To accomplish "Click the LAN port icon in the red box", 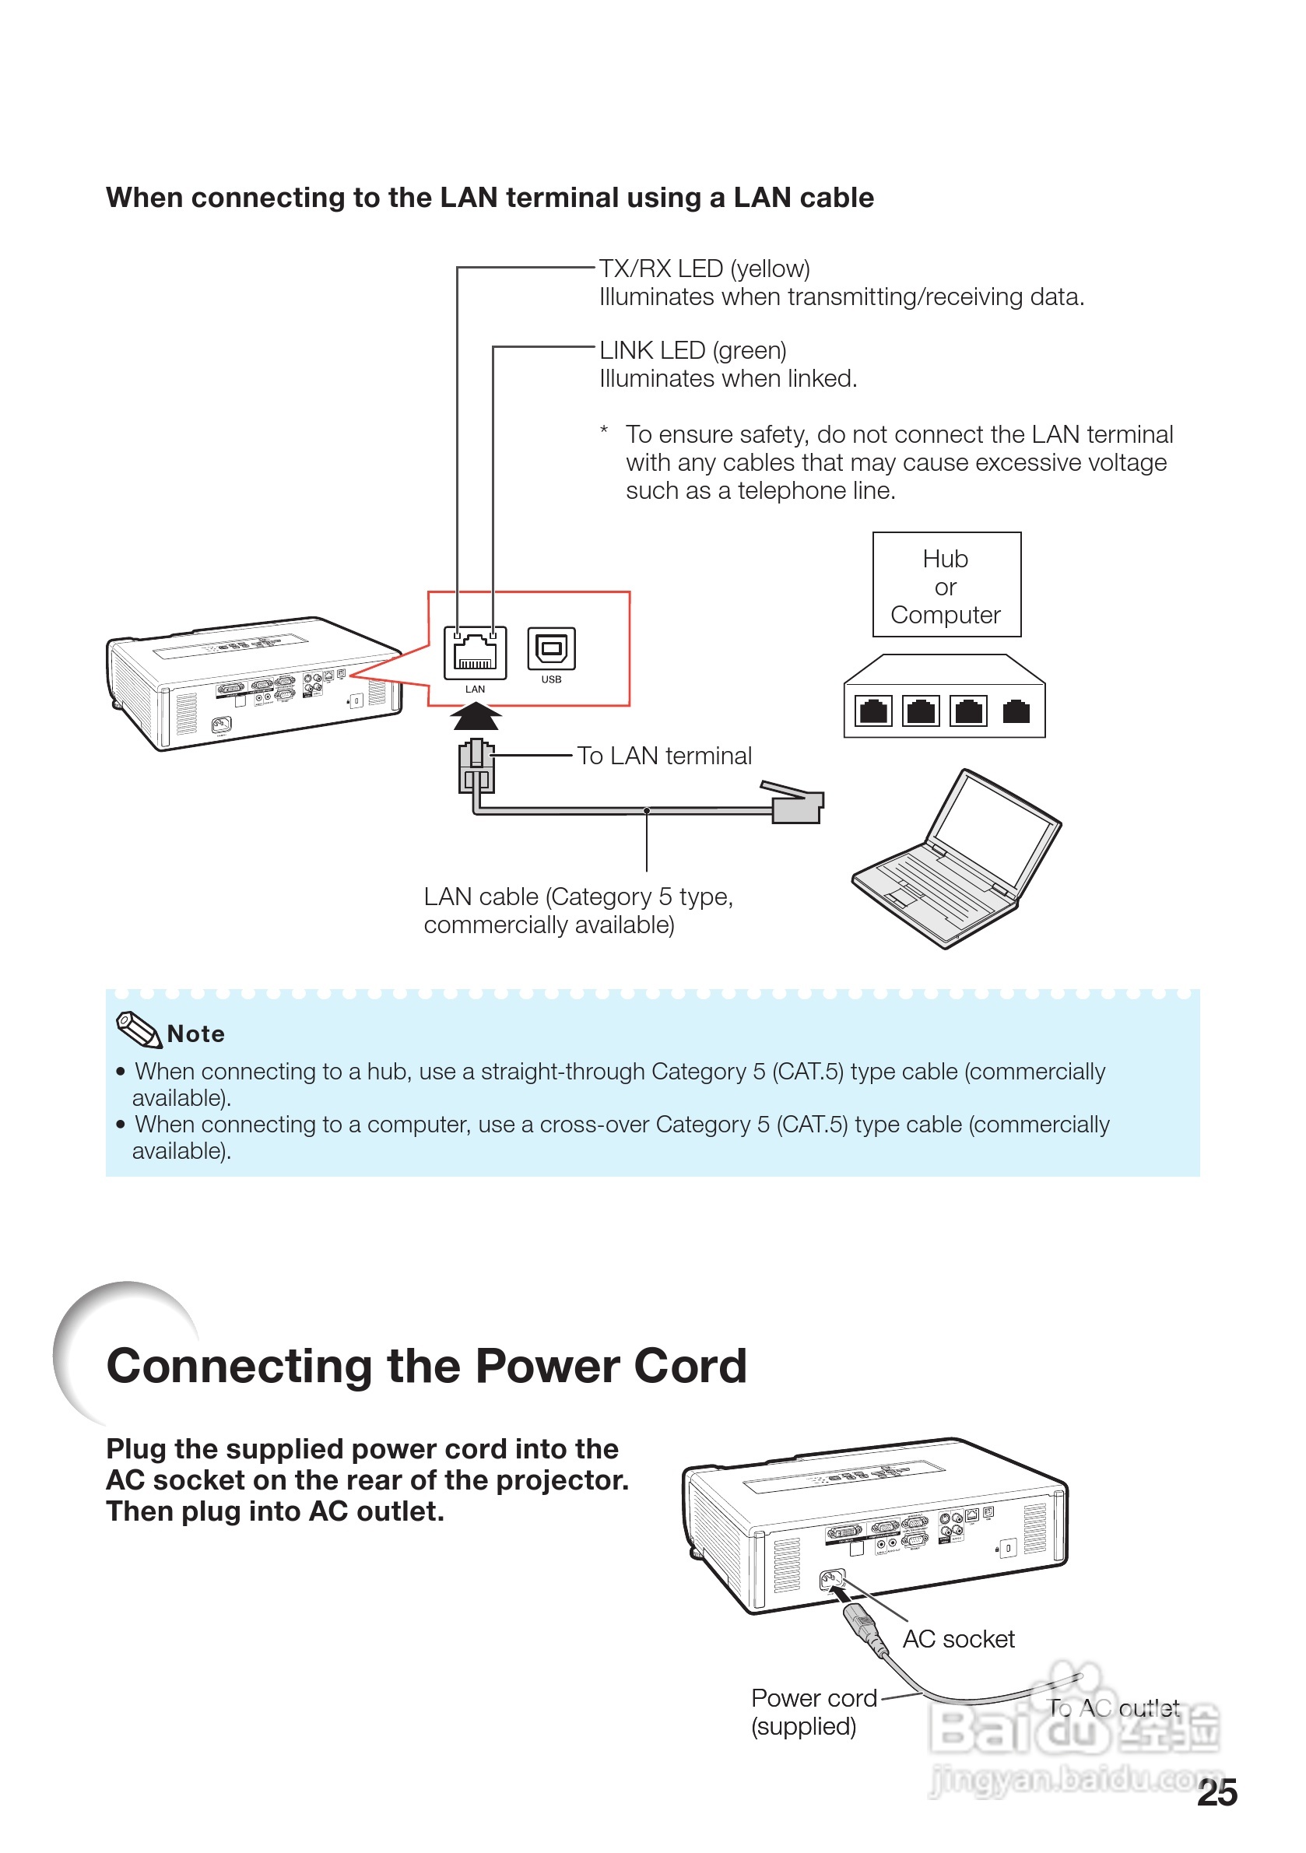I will pos(475,652).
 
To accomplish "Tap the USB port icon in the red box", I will pos(551,649).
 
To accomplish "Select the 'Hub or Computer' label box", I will pos(946,586).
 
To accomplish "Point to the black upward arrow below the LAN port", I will pos(476,716).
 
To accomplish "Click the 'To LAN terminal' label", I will pos(663,756).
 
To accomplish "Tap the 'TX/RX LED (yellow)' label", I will pos(704,268).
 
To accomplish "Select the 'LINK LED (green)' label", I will pos(693,350).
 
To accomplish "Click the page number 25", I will pos(1217,1792).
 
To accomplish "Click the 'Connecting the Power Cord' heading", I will pos(427,1367).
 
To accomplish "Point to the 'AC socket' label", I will pos(958,1639).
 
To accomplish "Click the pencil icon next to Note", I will pos(139,1030).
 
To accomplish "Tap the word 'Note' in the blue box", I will pos(196,1034).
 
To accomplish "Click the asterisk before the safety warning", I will pos(604,430).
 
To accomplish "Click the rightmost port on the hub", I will pos(1016,712).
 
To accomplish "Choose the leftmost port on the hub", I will pos(873,712).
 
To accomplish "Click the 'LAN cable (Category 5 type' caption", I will pos(578,897).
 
